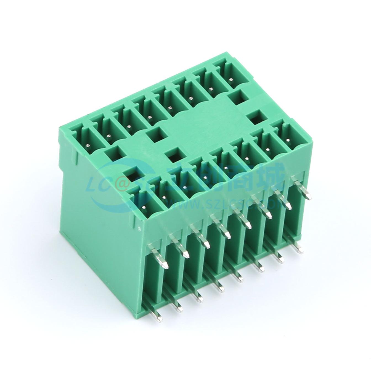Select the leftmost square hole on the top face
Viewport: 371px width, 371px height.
tap(114, 153)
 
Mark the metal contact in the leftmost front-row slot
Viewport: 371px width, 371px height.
tap(144, 207)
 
